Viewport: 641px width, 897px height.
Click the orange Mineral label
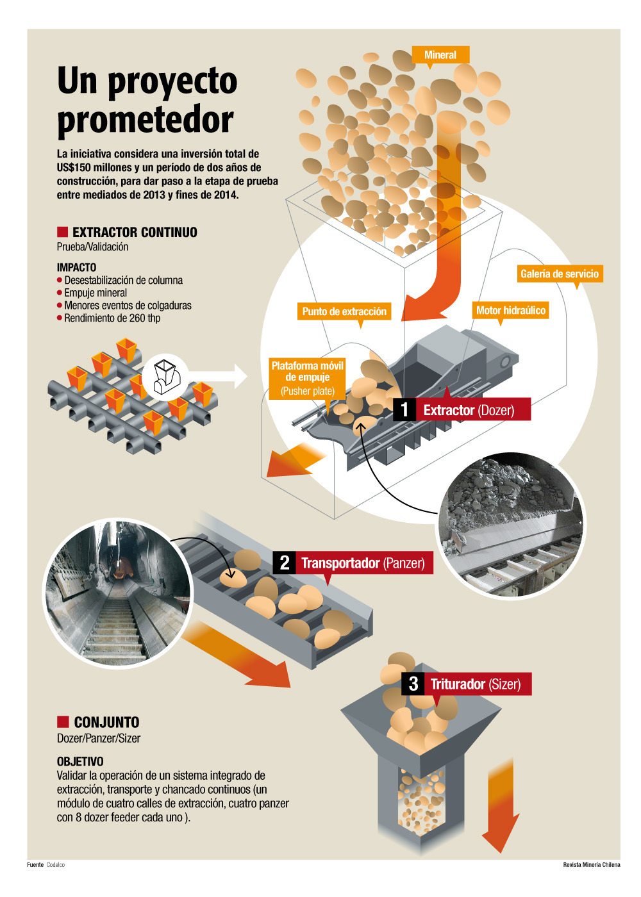[x=440, y=55]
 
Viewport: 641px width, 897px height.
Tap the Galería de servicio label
[x=560, y=274]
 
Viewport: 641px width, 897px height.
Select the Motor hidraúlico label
[x=511, y=311]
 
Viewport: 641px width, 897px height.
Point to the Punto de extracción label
[x=344, y=311]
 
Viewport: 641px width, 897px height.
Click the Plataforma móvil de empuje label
[x=308, y=378]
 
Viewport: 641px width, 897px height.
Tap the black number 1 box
[x=404, y=409]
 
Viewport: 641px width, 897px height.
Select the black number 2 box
[x=285, y=563]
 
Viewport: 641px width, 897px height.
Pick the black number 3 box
[x=413, y=684]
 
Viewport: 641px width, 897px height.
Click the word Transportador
[x=340, y=563]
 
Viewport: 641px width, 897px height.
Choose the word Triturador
[x=458, y=684]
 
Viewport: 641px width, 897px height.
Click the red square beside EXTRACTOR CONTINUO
[x=62, y=232]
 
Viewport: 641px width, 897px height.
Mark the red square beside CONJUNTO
[x=62, y=721]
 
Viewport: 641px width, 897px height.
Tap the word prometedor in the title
[x=146, y=120]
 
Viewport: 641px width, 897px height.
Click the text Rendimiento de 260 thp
[x=112, y=318]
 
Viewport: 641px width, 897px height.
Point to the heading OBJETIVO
[x=80, y=761]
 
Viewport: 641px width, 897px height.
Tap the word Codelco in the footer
[x=56, y=865]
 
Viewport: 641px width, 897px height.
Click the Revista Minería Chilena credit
[x=591, y=865]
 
